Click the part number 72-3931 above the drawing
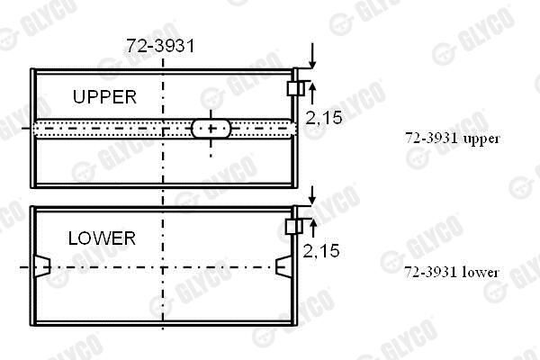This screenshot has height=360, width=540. click(160, 46)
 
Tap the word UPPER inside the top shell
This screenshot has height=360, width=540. click(104, 97)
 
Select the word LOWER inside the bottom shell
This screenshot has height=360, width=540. click(102, 238)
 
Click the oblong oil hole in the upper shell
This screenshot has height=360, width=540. click(211, 129)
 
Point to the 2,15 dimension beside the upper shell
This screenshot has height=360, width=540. click(324, 118)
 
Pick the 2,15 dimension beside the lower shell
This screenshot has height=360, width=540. click(321, 251)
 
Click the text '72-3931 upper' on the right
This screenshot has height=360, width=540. click(452, 139)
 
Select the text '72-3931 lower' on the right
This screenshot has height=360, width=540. click(451, 273)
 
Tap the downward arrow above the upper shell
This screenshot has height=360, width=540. click(312, 56)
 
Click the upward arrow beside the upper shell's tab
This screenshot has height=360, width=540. click(312, 93)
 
